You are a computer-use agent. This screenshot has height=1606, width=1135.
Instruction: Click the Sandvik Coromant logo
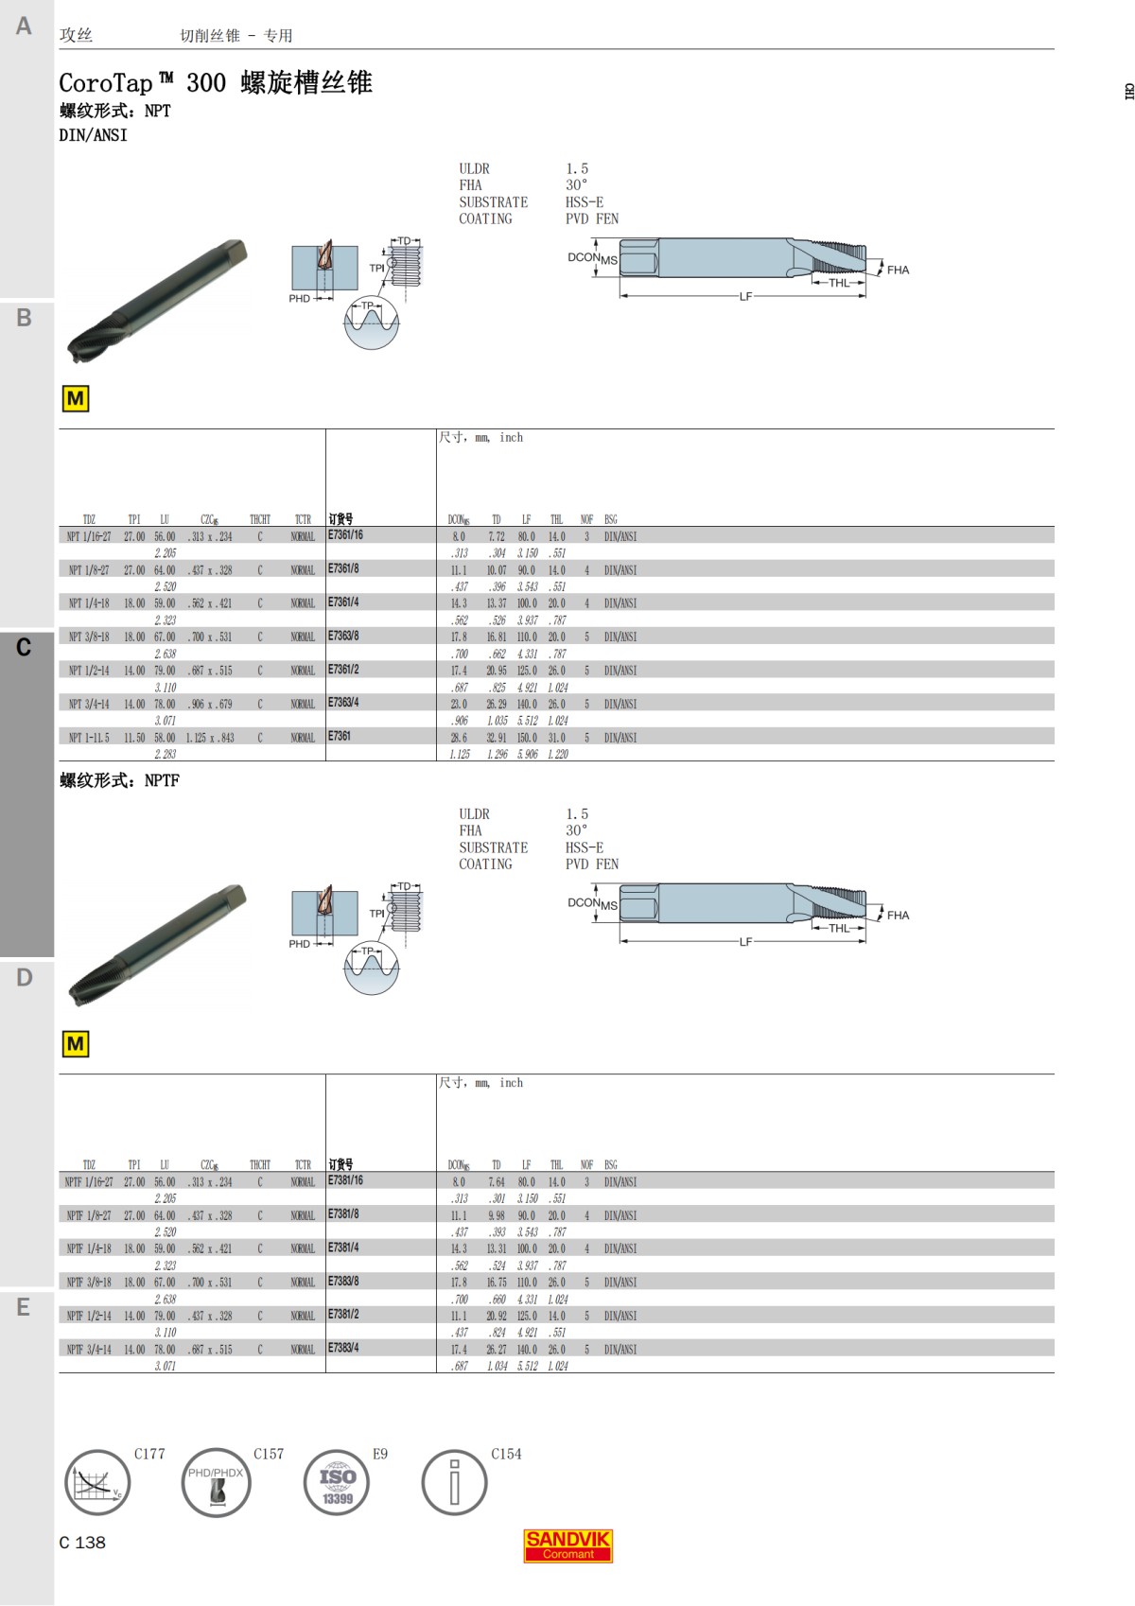coord(567,1545)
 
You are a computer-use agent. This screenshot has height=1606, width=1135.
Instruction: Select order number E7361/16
coord(345,535)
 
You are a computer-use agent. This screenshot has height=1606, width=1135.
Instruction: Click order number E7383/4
coord(343,1347)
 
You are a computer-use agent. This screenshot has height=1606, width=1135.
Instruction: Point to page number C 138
coord(82,1543)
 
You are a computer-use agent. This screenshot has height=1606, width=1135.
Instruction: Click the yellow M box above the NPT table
coord(75,399)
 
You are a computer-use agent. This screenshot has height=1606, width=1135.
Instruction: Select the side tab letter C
coord(24,648)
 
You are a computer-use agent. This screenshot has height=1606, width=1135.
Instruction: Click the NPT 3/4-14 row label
coord(89,705)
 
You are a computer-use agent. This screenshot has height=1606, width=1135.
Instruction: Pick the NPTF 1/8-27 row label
coord(88,1216)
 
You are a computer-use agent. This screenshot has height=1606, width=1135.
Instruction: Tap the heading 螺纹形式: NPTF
coord(119,781)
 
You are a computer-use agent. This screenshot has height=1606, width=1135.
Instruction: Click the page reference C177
coord(149,1455)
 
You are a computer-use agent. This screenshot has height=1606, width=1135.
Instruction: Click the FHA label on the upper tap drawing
coord(898,271)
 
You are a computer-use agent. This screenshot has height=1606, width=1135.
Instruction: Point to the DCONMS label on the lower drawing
coord(592,903)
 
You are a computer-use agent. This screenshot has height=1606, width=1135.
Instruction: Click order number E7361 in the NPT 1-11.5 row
coord(339,736)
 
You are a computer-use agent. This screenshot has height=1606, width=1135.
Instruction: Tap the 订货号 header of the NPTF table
coord(340,1164)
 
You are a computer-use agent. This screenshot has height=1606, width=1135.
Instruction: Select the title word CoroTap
coord(106,83)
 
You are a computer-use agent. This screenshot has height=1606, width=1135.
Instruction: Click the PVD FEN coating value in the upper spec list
coord(592,218)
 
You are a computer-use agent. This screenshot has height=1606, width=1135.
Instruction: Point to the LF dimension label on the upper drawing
coord(745,297)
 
